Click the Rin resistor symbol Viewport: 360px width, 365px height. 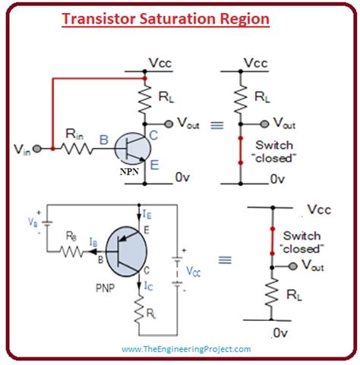(76, 149)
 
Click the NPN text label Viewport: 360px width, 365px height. (130, 172)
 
